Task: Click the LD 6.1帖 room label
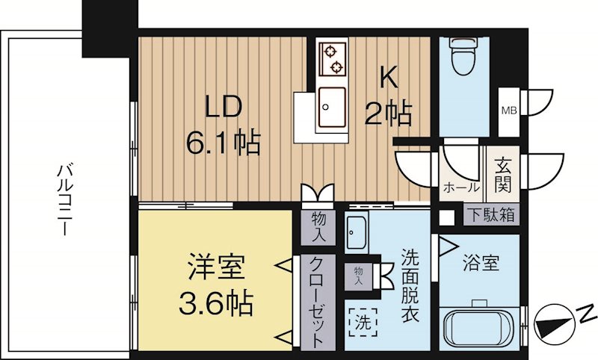[x=223, y=124]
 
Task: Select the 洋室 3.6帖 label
[x=215, y=285]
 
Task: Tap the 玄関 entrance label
[x=501, y=172]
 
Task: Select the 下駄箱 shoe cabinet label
[x=491, y=214]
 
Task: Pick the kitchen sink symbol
[x=330, y=107]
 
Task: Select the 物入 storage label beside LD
[x=318, y=226]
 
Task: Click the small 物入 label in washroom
[x=359, y=276]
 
